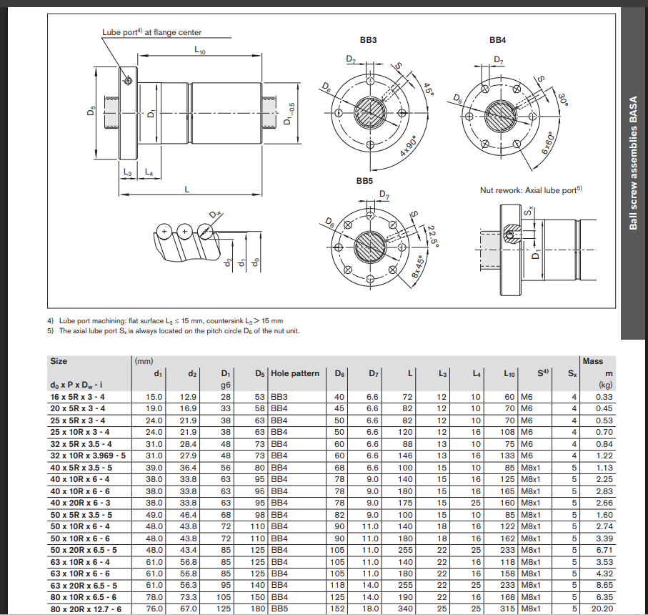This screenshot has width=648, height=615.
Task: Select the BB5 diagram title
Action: [x=365, y=181]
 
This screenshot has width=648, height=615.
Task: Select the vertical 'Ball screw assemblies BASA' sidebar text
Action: [x=633, y=164]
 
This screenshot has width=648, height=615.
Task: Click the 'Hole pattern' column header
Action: [x=295, y=373]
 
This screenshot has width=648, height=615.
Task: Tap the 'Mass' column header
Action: [x=593, y=361]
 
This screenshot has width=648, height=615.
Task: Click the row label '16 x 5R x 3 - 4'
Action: [x=78, y=396]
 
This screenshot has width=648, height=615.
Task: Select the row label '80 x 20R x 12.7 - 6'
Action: [x=85, y=609]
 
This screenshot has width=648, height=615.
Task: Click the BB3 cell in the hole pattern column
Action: [x=281, y=396]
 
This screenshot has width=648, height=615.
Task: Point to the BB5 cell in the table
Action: [x=281, y=609]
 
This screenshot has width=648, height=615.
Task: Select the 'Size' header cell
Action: [x=59, y=361]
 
